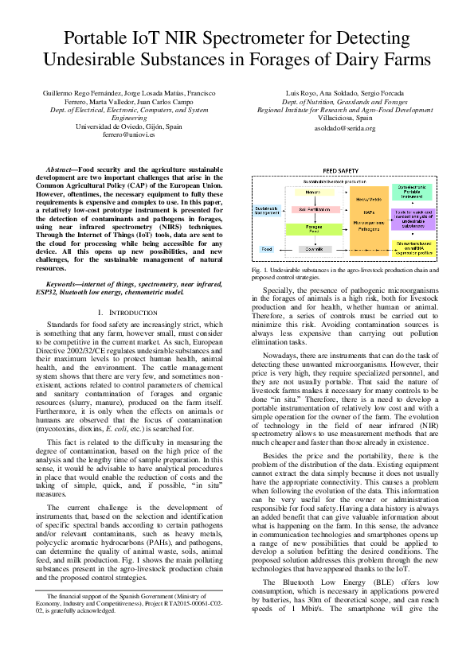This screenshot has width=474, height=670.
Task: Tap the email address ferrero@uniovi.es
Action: pyautogui.click(x=128, y=135)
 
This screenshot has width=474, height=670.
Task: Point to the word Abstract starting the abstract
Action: pyautogui.click(x=59, y=170)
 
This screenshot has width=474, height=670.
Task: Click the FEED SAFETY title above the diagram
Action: pyautogui.click(x=339, y=170)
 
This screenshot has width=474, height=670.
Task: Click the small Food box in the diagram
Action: pyautogui.click(x=266, y=249)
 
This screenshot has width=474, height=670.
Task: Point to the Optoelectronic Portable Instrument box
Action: pyautogui.click(x=411, y=193)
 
